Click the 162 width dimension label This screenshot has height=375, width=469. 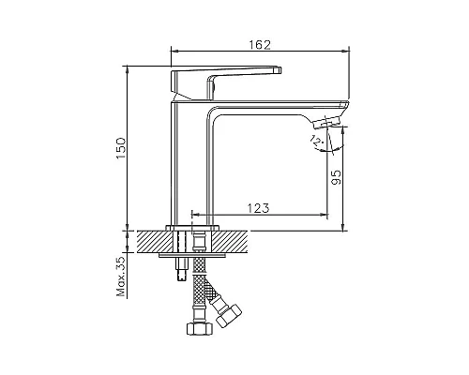[259, 45]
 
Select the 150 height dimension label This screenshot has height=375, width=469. [121, 148]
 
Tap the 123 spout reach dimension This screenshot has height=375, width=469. [258, 208]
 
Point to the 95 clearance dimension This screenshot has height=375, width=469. [336, 177]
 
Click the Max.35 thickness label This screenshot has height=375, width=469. [121, 277]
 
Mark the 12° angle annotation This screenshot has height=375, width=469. [316, 141]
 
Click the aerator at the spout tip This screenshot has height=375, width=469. [326, 122]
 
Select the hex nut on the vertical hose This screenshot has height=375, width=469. [200, 329]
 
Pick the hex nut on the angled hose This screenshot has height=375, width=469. [229, 315]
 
